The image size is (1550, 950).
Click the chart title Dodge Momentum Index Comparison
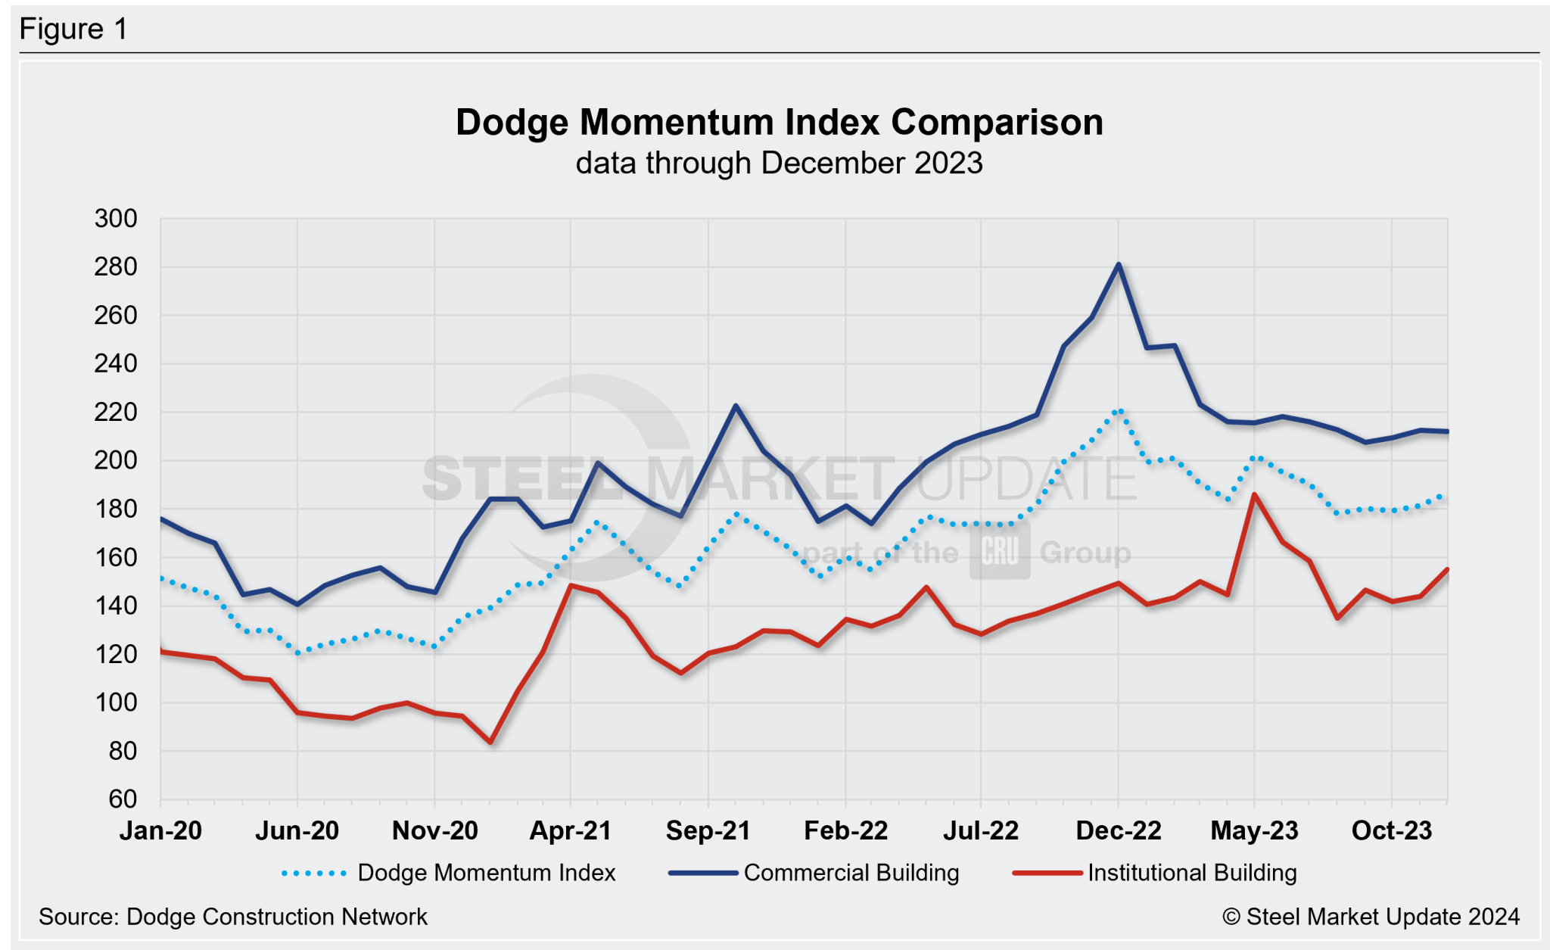[x=779, y=123]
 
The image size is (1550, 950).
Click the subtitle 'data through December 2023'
[x=779, y=164]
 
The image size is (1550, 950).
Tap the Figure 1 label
[x=73, y=30]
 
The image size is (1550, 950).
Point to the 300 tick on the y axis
[x=116, y=219]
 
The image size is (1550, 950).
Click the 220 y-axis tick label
[x=116, y=412]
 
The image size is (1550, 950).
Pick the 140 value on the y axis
[x=116, y=606]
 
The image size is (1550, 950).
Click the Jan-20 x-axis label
[x=160, y=830]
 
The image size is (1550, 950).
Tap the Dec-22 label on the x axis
[x=1118, y=830]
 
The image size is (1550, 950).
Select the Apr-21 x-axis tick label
[x=570, y=830]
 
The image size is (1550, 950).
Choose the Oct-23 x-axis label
[x=1391, y=830]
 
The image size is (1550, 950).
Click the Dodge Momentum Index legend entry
[x=486, y=873]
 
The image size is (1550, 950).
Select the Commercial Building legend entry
[x=851, y=873]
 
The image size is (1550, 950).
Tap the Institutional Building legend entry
[x=1191, y=873]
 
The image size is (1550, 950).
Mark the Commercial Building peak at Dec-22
[x=1118, y=264]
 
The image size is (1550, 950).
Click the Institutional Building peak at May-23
[x=1254, y=495]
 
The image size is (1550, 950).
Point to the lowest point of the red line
[x=490, y=742]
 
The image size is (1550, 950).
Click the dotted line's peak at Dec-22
[x=1119, y=411]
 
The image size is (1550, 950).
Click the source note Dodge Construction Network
[x=233, y=917]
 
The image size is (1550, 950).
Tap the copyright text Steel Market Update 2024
[x=1371, y=917]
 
